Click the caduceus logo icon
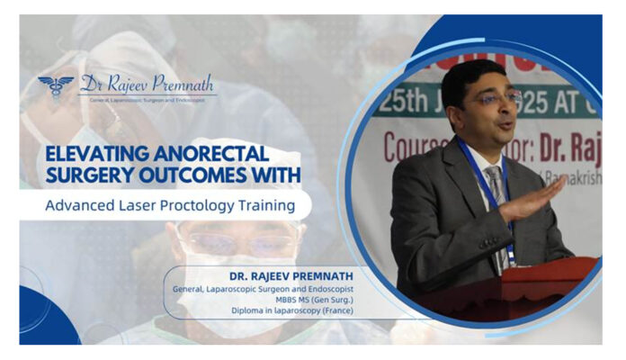click(x=56, y=87)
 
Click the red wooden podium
click(x=535, y=286)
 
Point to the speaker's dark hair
click(x=478, y=73)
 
